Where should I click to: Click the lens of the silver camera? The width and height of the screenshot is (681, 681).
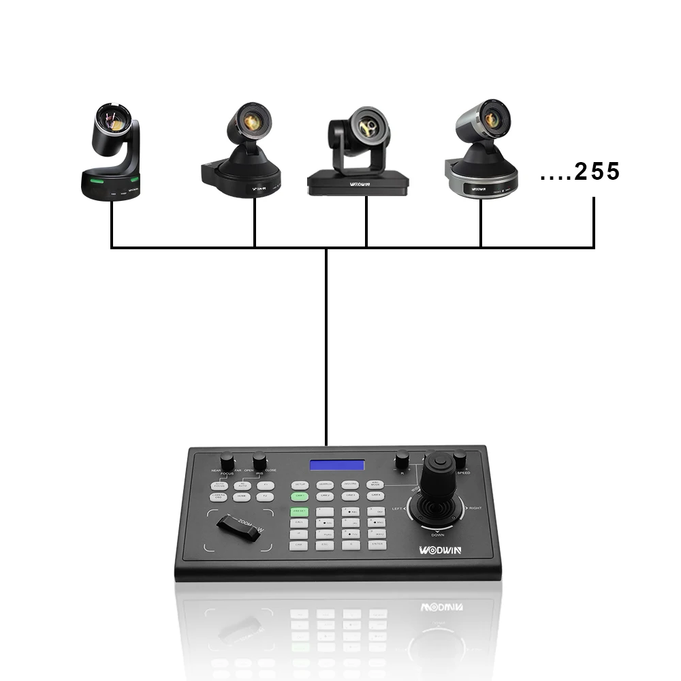tap(492, 119)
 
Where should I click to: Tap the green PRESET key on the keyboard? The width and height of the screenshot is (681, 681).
tap(299, 511)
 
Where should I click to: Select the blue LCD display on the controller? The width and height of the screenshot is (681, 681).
tap(337, 465)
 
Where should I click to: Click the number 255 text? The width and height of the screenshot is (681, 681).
tap(597, 172)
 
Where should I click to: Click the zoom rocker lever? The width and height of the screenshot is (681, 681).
tap(239, 528)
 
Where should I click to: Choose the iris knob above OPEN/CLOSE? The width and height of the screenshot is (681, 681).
tap(259, 460)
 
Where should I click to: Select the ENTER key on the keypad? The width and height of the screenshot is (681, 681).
tap(377, 545)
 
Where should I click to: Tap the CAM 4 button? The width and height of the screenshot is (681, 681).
tap(376, 496)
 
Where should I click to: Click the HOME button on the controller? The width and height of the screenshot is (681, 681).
tap(241, 497)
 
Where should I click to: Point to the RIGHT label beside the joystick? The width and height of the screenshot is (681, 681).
tap(475, 509)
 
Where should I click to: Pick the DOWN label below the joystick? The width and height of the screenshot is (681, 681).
tap(437, 535)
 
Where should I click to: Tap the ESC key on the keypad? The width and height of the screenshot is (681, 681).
tap(324, 545)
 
